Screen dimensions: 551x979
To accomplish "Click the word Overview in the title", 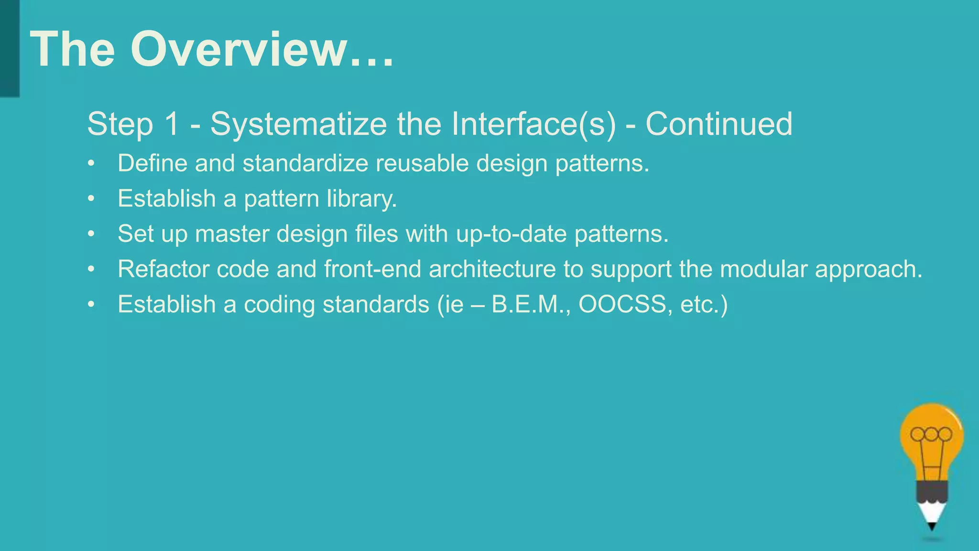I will click(x=239, y=50).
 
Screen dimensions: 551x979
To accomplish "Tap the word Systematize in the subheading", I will click(x=298, y=124).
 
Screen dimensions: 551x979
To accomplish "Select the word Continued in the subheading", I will click(x=719, y=124).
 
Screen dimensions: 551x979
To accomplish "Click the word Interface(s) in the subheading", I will click(x=533, y=124).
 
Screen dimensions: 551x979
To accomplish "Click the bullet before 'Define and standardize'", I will click(x=91, y=164).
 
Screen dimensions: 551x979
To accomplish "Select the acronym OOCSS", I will click(x=622, y=305).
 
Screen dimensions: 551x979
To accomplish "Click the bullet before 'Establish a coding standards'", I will click(x=91, y=305).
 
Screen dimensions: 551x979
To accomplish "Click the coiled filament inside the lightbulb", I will click(x=931, y=434).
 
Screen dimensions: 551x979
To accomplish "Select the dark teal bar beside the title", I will click(x=10, y=48).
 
